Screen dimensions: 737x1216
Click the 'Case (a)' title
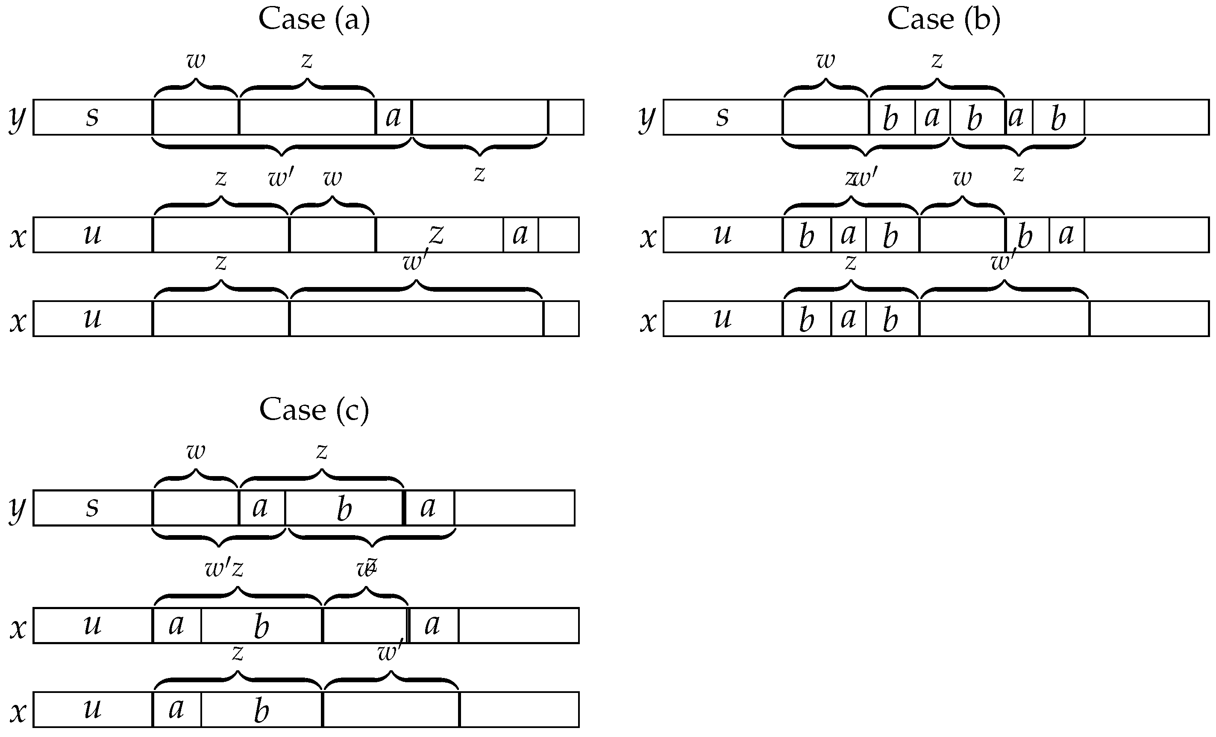point(314,20)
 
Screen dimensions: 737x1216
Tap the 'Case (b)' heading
point(943,20)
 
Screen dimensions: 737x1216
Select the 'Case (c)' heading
point(314,410)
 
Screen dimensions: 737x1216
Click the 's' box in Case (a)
point(93,117)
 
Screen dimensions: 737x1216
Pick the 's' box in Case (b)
point(723,117)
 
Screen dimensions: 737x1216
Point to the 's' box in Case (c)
point(93,508)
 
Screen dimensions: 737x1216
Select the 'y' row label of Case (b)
point(647,118)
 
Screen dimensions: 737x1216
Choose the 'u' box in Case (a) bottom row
point(93,319)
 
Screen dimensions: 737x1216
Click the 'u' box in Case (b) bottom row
point(723,319)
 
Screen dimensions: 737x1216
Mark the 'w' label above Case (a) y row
point(196,61)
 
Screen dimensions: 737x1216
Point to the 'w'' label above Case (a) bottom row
point(414,262)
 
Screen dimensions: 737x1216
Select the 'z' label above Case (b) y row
point(937,61)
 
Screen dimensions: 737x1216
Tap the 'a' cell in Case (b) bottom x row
point(849,319)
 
